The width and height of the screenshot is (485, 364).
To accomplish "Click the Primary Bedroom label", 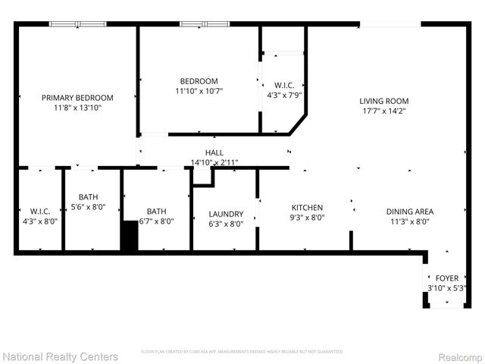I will pyautogui.click(x=77, y=98).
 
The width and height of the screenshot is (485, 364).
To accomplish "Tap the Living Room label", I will pyautogui.click(x=384, y=101).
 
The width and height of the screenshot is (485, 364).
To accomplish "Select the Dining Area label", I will pyautogui.click(x=409, y=212).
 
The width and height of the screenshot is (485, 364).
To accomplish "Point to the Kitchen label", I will pyautogui.click(x=308, y=208).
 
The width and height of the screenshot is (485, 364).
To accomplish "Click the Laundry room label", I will pyautogui.click(x=226, y=214).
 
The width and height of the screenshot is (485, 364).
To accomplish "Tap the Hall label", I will pyautogui.click(x=214, y=152).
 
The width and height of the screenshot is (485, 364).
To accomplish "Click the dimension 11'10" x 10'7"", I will pyautogui.click(x=199, y=91).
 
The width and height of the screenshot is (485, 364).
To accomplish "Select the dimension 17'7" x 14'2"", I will pyautogui.click(x=384, y=111).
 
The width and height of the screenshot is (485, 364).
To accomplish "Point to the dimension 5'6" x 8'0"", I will pyautogui.click(x=88, y=206).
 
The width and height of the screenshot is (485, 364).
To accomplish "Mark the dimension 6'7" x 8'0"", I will pyautogui.click(x=157, y=221).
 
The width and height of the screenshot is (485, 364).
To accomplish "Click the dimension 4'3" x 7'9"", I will pyautogui.click(x=284, y=95).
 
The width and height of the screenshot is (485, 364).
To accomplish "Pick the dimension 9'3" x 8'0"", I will pyautogui.click(x=308, y=218).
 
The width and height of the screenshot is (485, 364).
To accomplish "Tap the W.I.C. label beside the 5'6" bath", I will pyautogui.click(x=40, y=211).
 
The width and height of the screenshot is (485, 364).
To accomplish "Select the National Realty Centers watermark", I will pyautogui.click(x=61, y=356).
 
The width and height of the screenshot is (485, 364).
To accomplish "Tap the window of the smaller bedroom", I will pyautogui.click(x=205, y=24).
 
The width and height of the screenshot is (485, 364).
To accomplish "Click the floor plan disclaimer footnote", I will pyautogui.click(x=242, y=352).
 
